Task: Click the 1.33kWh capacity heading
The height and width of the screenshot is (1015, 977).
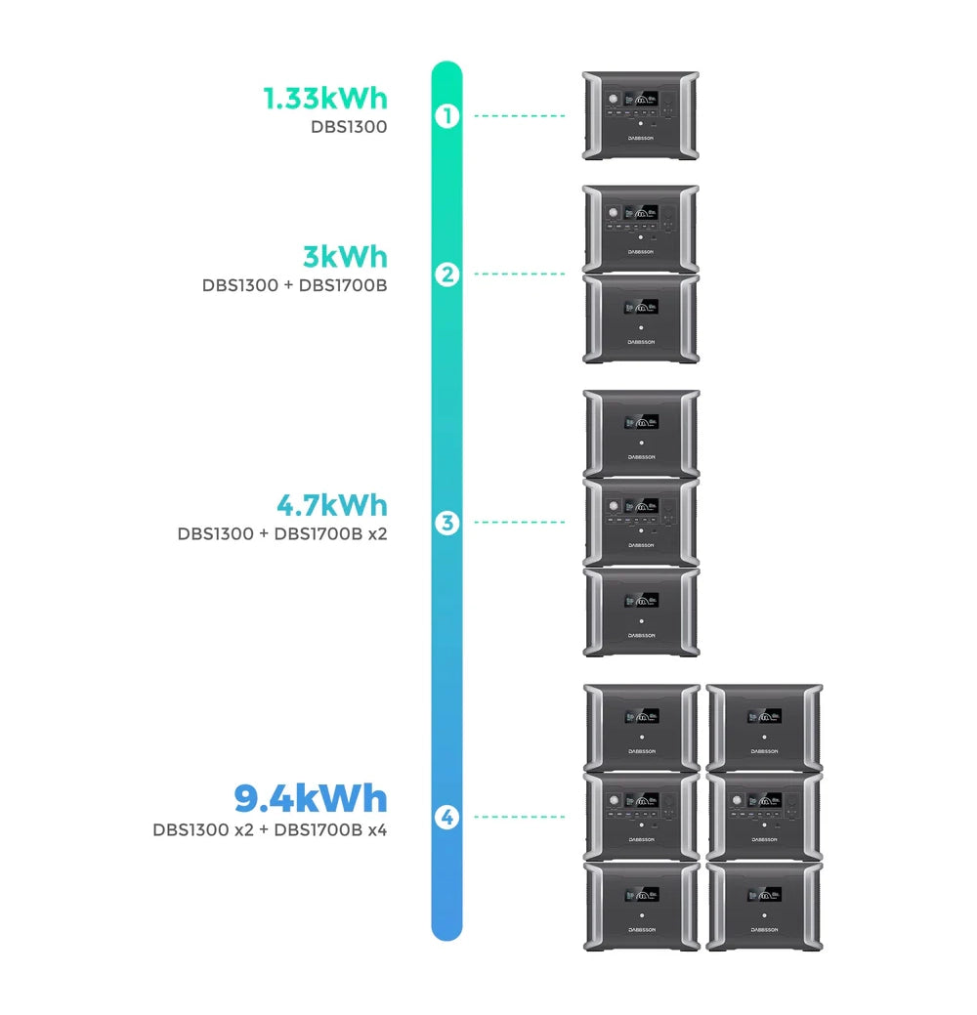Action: (324, 99)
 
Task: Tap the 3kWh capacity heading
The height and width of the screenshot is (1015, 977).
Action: (345, 257)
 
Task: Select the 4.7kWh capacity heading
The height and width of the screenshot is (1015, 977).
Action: (331, 506)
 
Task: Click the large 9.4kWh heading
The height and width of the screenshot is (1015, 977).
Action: (311, 799)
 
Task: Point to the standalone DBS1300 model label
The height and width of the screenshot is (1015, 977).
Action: (349, 127)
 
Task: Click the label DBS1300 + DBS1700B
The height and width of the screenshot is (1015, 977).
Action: (294, 286)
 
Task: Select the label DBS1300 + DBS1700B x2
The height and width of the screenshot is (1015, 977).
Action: (282, 534)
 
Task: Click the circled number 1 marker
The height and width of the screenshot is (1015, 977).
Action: (446, 116)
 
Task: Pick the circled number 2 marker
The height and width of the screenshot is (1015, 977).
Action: (446, 275)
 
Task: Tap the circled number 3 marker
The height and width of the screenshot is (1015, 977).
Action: (446, 523)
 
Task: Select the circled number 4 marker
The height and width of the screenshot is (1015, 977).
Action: (446, 817)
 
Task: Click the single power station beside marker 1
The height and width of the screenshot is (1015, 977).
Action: (641, 115)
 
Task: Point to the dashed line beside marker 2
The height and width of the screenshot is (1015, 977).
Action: (520, 275)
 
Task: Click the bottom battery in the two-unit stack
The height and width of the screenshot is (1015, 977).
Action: (641, 318)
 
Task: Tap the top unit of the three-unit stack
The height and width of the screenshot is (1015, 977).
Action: (641, 433)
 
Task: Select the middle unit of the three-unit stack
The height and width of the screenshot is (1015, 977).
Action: (641, 522)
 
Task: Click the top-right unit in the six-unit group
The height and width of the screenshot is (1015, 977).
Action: (764, 728)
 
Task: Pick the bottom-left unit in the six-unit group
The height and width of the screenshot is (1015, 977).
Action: (641, 906)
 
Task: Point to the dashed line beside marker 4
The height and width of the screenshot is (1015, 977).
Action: (520, 817)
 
